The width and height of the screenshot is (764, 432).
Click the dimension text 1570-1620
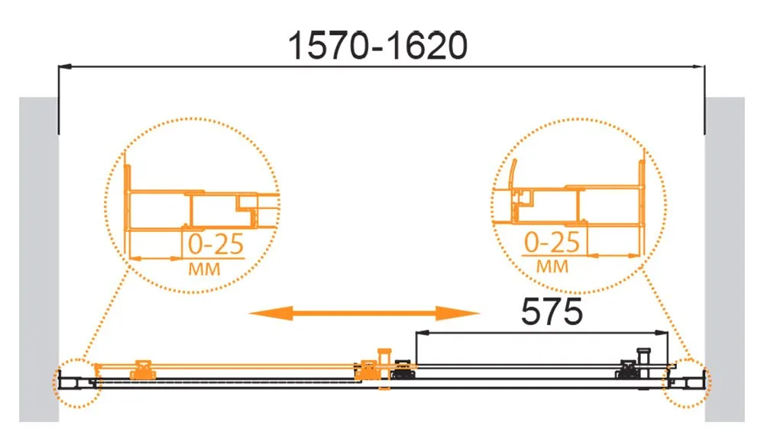click(x=378, y=46)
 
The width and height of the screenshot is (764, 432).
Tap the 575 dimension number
click(x=552, y=311)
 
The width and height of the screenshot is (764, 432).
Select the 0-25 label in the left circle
click(x=216, y=244)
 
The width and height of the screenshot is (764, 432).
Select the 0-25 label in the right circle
click(x=552, y=242)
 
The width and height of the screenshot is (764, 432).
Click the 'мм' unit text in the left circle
click(x=204, y=269)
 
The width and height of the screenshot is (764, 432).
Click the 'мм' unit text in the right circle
click(x=552, y=266)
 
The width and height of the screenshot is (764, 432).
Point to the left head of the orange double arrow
click(x=271, y=313)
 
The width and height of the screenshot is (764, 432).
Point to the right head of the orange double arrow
click(x=458, y=313)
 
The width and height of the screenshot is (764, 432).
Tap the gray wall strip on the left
click(x=39, y=259)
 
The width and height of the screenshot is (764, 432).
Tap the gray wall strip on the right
click(x=725, y=259)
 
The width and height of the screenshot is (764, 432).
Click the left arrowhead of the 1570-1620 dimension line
click(x=65, y=66)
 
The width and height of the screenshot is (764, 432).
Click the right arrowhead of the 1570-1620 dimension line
click(x=698, y=66)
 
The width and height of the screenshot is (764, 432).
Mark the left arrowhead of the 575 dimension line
click(x=422, y=333)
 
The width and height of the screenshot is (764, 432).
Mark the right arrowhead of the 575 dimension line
click(x=662, y=333)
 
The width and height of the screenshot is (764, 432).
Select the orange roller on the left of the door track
click(x=144, y=369)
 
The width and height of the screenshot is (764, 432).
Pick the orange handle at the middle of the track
click(x=384, y=369)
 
